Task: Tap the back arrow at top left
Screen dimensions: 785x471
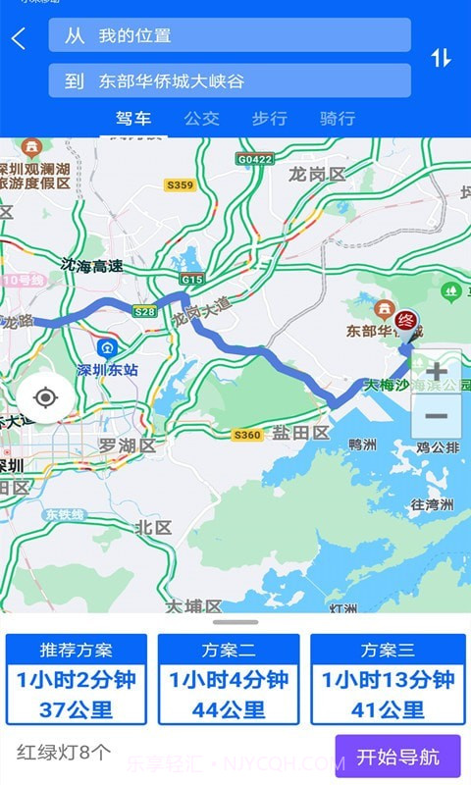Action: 19,38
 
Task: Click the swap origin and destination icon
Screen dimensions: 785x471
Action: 441,58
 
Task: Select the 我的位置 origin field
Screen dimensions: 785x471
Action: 230,35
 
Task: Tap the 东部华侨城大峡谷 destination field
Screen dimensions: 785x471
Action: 230,80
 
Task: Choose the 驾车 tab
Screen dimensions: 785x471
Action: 133,119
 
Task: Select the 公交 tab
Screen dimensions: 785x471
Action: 201,119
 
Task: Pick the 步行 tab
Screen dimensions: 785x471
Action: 269,119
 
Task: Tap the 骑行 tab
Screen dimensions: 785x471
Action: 338,119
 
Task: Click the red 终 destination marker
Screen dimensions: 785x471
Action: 406,320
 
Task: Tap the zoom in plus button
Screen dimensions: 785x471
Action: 436,372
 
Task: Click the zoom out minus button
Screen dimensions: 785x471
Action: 436,416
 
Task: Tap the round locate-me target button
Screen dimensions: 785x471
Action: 44,397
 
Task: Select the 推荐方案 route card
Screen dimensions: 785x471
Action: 77,679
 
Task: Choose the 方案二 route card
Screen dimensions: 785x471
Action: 229,679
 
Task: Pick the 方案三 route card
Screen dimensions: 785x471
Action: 388,679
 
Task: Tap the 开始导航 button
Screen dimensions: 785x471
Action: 397,757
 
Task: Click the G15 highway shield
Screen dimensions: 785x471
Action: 191,280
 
